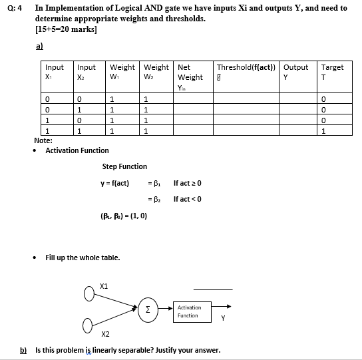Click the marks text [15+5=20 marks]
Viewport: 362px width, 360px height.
point(66,29)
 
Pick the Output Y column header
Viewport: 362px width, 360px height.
point(295,72)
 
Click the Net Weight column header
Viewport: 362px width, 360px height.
point(190,77)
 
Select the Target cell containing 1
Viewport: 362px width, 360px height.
point(323,131)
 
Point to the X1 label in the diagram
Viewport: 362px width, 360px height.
point(103,285)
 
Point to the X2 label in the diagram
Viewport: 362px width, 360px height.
point(106,334)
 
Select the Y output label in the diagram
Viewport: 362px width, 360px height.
point(223,317)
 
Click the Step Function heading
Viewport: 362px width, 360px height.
point(125,166)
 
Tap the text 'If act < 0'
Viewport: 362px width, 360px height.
point(187,199)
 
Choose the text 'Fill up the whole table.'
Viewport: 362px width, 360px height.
point(83,258)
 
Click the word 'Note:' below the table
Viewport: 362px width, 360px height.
point(43,141)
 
